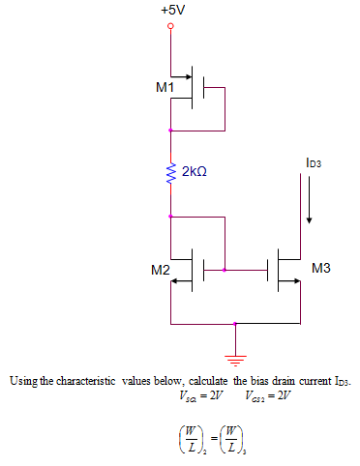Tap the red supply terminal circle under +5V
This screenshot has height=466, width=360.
pyautogui.click(x=171, y=28)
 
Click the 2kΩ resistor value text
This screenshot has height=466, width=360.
pyautogui.click(x=194, y=170)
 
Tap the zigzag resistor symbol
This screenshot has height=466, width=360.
pyautogui.click(x=171, y=172)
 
